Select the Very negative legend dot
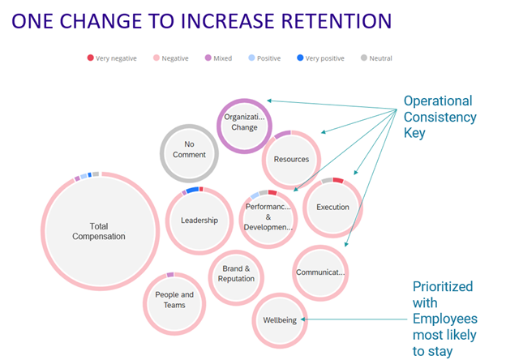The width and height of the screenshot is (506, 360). pos(91,58)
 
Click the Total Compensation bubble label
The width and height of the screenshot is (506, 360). pos(99,231)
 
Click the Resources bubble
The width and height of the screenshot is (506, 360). pos(291,159)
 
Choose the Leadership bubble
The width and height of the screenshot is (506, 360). pos(199,220)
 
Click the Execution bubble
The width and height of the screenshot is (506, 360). pos(332,208)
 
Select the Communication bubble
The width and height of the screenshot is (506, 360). pos(320,272)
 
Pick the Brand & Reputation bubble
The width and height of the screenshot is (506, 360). pos(236,274)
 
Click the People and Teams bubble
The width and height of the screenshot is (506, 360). pos(174,300)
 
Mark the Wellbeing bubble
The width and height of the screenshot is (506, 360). pos(280,320)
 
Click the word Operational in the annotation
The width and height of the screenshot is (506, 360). pos(439,101)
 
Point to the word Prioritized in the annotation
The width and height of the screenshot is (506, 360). pos(443,287)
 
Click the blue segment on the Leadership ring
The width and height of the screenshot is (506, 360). pos(192,190)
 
